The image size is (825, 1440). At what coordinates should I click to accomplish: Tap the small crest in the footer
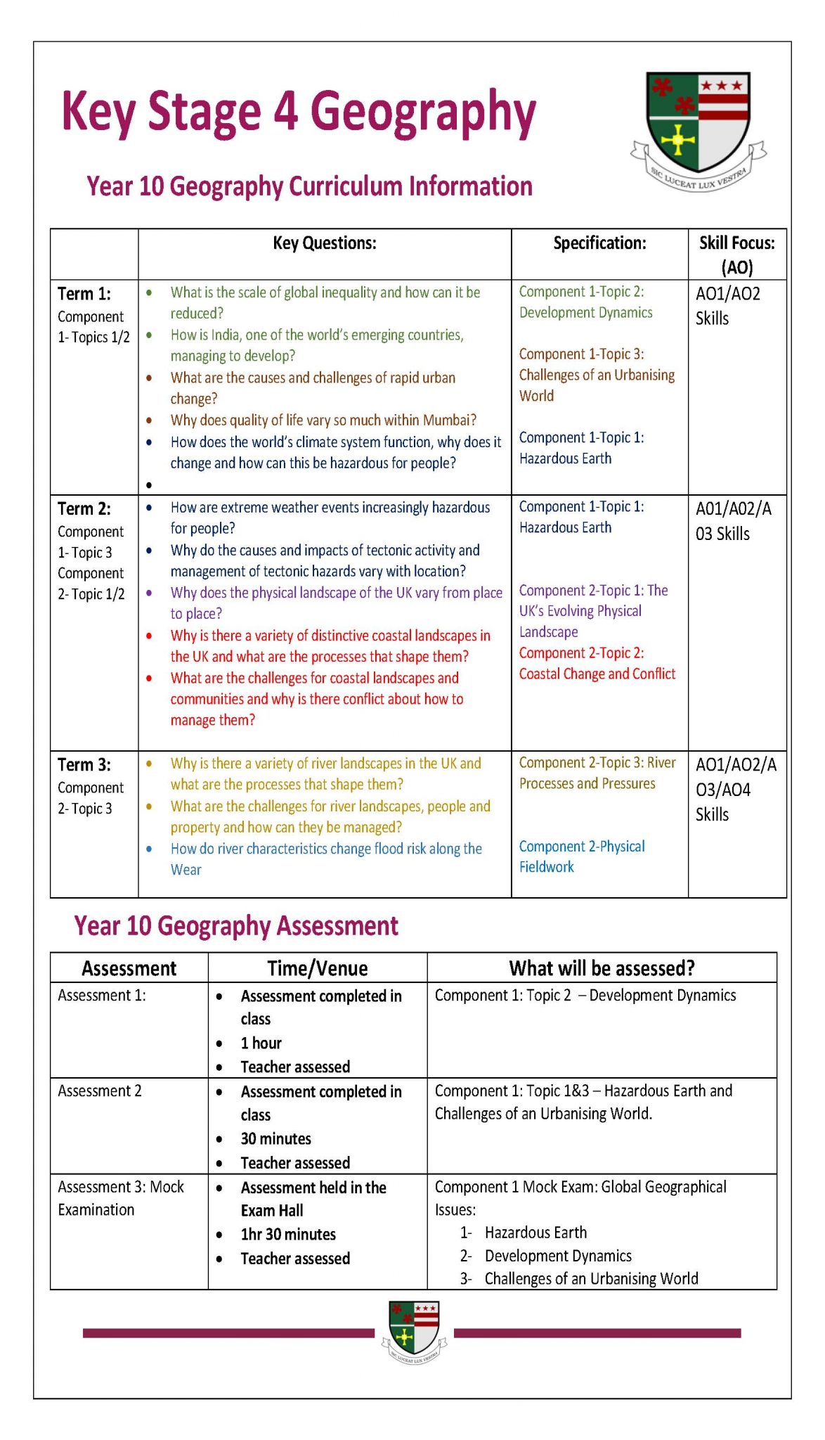[414, 1331]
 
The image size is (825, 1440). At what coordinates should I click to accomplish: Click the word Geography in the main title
[423, 112]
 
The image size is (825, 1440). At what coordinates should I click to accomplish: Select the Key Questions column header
[324, 243]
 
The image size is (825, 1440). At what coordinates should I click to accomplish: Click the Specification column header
[599, 243]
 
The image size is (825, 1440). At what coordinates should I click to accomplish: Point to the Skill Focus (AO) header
[736, 254]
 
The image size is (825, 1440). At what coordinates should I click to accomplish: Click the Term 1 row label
[84, 294]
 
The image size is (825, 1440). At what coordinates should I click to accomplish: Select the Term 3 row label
[84, 764]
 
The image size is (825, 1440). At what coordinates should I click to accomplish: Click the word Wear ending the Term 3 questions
[186, 870]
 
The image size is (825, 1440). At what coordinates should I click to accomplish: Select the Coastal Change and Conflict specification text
[597, 674]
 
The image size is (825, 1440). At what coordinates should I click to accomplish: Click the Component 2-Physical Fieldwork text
[581, 856]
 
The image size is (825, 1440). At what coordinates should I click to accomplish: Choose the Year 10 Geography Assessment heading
[236, 926]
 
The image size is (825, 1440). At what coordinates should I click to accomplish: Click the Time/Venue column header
[317, 968]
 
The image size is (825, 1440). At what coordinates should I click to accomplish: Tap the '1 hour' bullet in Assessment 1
[261, 1043]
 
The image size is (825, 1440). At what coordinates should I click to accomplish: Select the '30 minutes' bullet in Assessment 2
[275, 1139]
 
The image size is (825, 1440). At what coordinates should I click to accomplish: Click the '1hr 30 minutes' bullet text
[288, 1235]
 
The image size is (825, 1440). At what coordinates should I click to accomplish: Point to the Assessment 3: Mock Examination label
[120, 1198]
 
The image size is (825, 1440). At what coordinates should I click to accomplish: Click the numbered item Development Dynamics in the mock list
[557, 1256]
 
